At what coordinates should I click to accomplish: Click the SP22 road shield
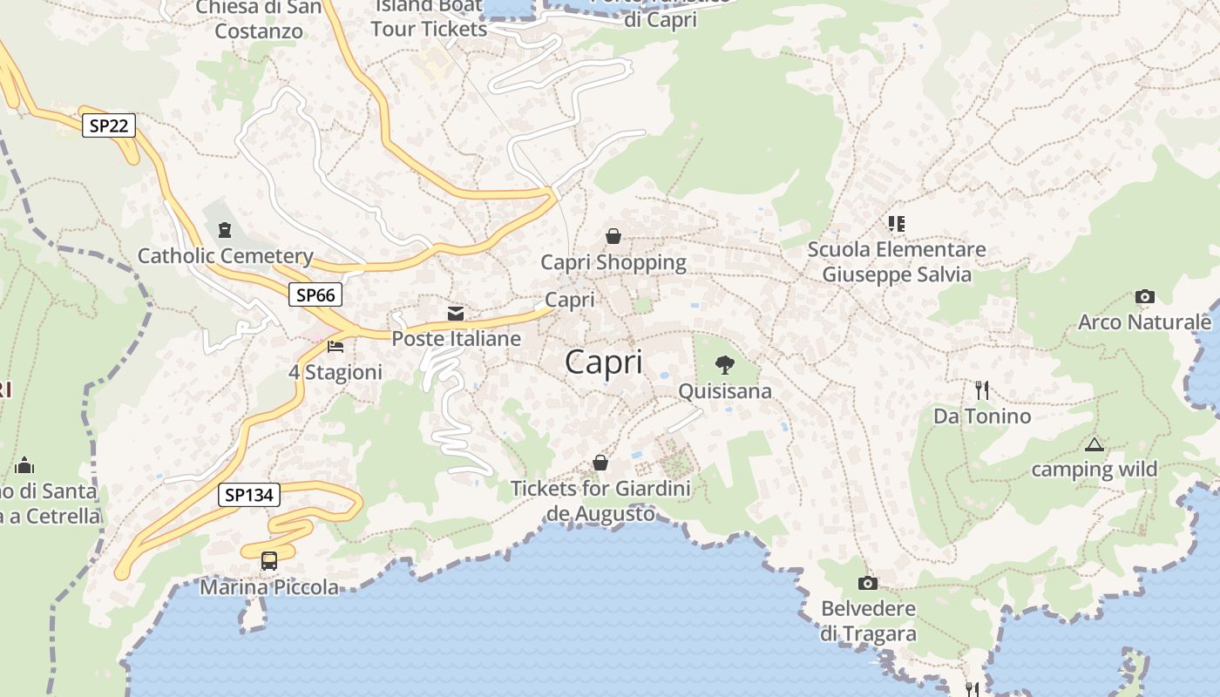coord(109,125)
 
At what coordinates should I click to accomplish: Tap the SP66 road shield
coord(315,294)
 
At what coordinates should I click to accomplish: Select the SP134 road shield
coord(249,495)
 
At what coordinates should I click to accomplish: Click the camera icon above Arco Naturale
coord(1145,297)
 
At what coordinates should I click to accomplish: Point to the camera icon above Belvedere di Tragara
coord(868,583)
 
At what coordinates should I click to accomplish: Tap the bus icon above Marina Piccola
coord(269,561)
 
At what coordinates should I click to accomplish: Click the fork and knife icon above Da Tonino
coord(982,389)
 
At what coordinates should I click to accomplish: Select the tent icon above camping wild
coord(1094,445)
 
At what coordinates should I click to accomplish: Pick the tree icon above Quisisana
coord(724,365)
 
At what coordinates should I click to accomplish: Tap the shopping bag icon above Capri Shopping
coord(613,236)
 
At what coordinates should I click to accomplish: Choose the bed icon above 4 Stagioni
coord(335,347)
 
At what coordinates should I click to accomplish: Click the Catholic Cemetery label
coord(225,256)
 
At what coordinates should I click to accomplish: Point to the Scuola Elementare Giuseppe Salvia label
coord(897,261)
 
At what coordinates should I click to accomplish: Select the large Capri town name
coord(604,362)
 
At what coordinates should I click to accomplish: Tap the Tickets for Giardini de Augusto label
coord(600,501)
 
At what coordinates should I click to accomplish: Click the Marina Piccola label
coord(269,587)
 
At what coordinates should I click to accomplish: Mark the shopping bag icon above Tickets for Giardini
coord(600,463)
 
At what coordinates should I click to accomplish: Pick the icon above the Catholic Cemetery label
coord(225,230)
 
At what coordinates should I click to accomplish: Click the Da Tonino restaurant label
coord(982,416)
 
